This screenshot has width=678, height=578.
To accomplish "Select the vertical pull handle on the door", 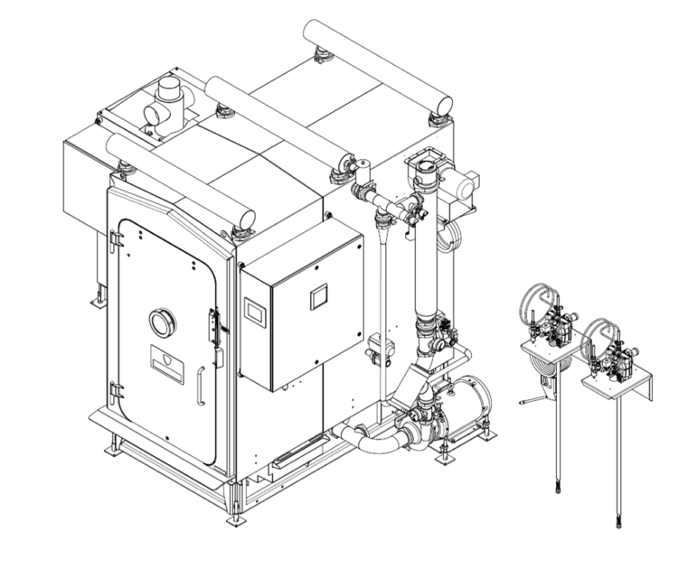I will click(201, 386).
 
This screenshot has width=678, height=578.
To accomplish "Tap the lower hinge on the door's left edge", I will click(117, 390).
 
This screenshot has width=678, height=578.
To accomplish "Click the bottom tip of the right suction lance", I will click(618, 521).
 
